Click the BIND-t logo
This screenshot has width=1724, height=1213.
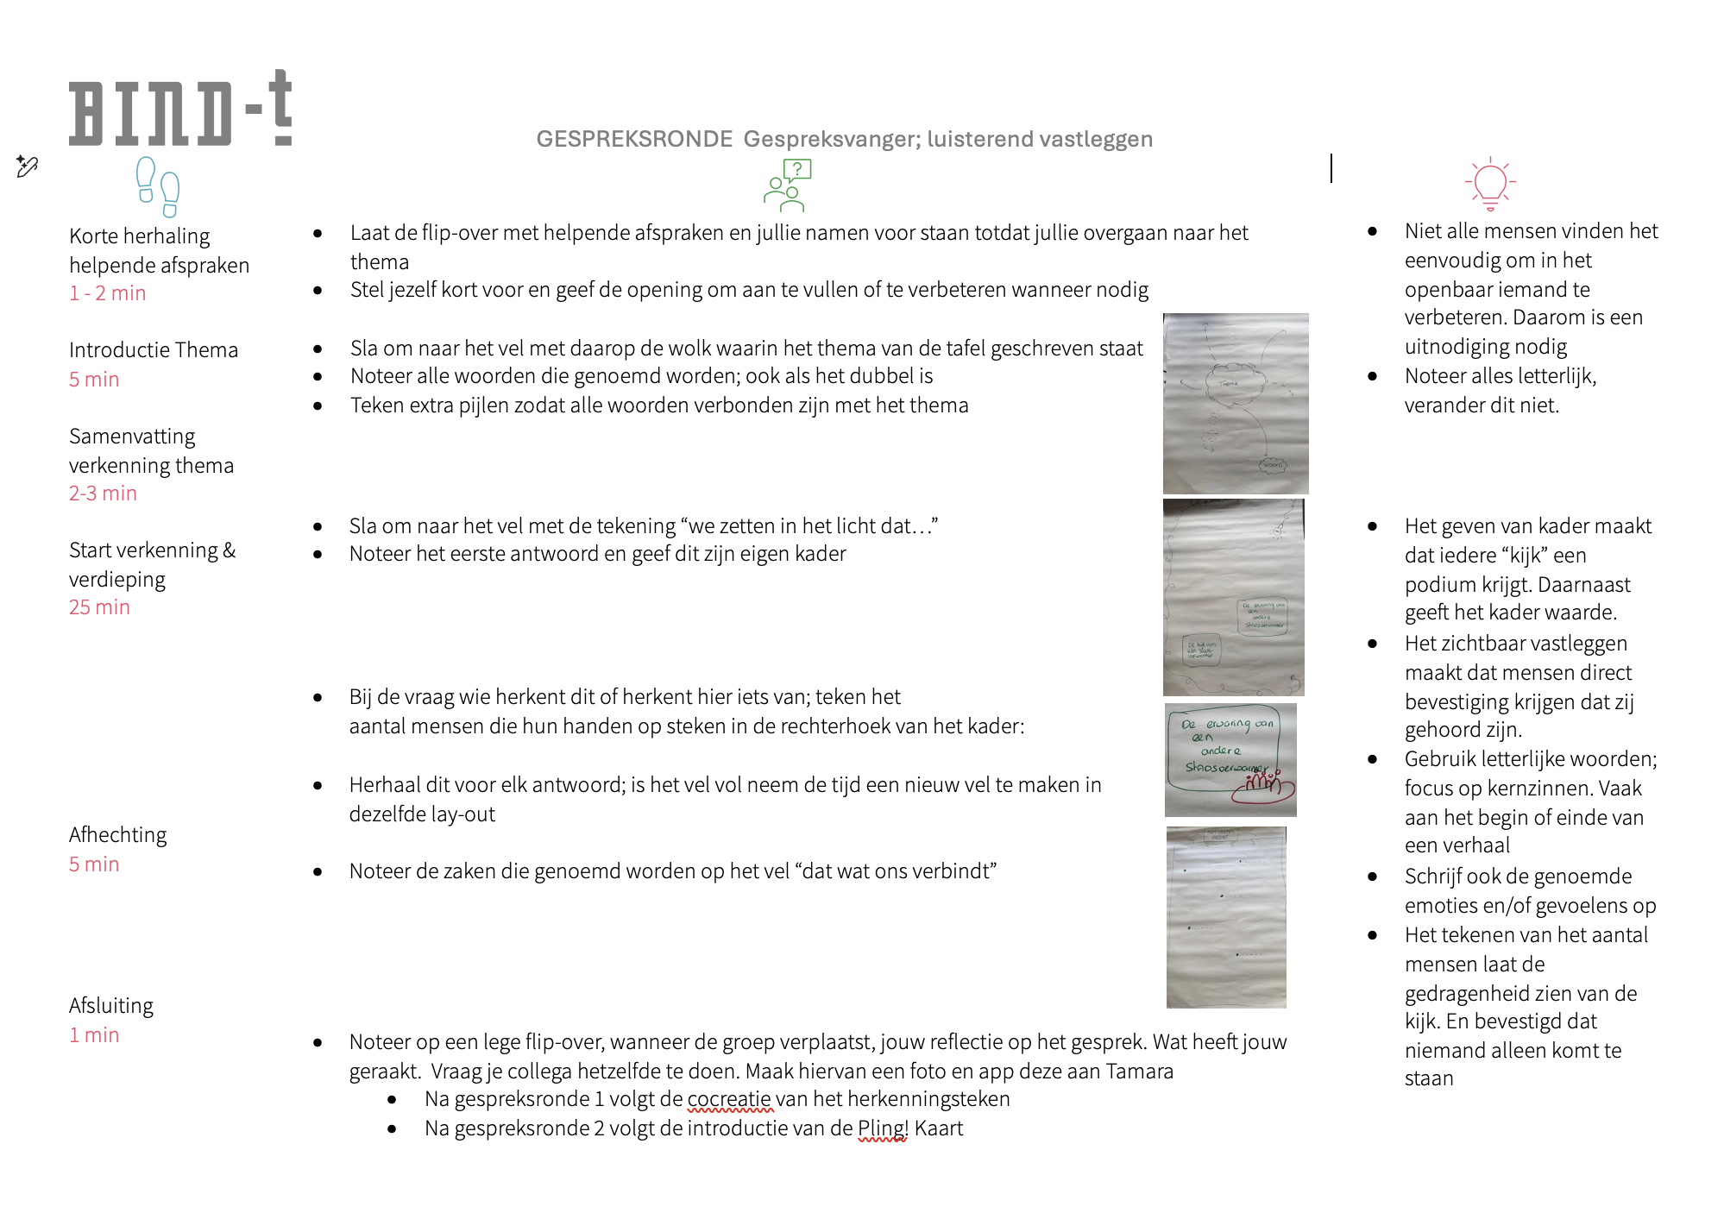[179, 110]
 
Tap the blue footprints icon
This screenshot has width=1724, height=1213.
[158, 186]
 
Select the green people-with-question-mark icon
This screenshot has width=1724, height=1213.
[787, 185]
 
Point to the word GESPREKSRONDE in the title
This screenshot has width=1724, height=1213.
[634, 139]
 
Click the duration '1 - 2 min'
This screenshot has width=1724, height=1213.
[108, 293]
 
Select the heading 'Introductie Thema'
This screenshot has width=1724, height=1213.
[154, 350]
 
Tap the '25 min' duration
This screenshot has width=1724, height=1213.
[99, 607]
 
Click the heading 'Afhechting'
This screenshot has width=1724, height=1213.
[118, 835]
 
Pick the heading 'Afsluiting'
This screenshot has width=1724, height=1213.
[111, 1006]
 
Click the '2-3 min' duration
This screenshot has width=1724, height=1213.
[103, 493]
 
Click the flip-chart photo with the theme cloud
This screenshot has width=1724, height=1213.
[1235, 404]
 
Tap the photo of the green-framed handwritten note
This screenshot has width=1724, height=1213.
[1230, 760]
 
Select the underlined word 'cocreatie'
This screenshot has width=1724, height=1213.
[729, 1099]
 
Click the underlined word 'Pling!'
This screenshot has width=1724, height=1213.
[882, 1128]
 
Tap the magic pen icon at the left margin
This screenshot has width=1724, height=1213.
[27, 166]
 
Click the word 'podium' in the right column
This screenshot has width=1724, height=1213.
[1435, 585]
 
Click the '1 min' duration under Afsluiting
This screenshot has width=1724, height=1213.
[94, 1035]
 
